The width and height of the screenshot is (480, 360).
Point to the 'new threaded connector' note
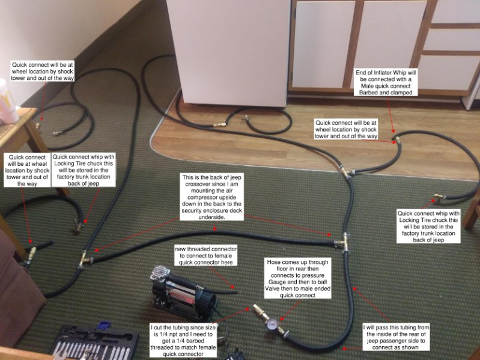(206, 255)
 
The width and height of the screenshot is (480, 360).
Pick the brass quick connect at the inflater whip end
(396, 141)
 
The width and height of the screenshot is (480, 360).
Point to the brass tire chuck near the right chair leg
(440, 197)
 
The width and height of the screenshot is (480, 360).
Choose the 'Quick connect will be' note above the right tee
(347, 129)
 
